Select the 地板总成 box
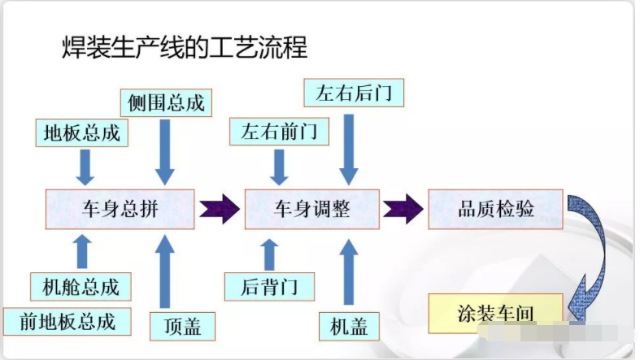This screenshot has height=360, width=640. point(81,132)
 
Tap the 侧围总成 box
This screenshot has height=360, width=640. point(166,103)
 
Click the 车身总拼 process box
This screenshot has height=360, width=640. point(120,208)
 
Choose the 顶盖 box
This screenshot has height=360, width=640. point(176,326)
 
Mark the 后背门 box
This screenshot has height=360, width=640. point(270,285)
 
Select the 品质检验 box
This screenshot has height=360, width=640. point(495,208)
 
